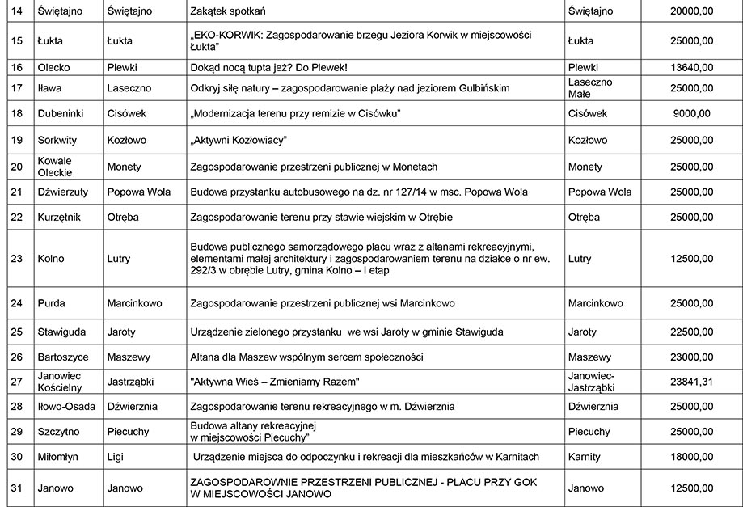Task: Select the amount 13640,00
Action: pos(691,67)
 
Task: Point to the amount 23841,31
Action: pos(691,382)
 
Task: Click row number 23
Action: pos(16,259)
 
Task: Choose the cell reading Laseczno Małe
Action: pos(590,88)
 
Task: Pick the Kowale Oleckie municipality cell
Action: pos(54,167)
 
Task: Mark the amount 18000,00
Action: pos(691,457)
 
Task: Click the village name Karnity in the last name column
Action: pos(585,457)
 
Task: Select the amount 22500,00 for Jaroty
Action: pos(691,332)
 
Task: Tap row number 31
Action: pos(16,488)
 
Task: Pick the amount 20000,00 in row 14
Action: pos(691,11)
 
